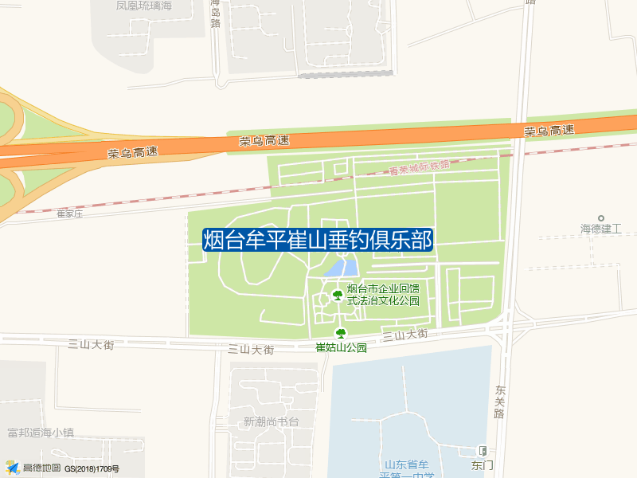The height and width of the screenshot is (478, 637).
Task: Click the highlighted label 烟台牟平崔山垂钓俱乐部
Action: (x=318, y=240)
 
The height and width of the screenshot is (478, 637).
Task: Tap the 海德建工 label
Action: (x=600, y=229)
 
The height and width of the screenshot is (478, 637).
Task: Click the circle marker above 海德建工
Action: (x=601, y=217)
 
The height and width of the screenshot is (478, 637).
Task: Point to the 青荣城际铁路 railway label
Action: (x=420, y=167)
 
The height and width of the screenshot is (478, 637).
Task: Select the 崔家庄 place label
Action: (x=70, y=214)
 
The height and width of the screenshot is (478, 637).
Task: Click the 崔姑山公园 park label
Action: (x=341, y=347)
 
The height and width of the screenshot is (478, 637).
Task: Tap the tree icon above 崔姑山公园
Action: (x=341, y=334)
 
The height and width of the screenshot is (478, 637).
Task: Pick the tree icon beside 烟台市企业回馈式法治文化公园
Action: (x=337, y=296)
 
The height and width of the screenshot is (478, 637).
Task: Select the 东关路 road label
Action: (x=500, y=402)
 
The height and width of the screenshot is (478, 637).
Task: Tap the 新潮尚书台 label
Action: (x=271, y=421)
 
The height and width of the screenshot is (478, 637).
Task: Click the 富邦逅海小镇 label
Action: (x=40, y=433)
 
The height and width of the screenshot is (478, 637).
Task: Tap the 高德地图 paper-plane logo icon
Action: (x=11, y=468)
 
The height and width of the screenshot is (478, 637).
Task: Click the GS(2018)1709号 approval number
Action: (x=92, y=468)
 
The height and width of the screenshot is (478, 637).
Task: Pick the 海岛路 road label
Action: (x=215, y=13)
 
